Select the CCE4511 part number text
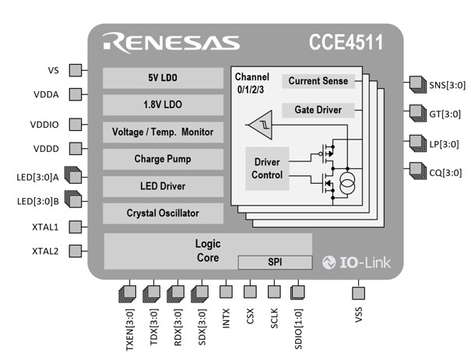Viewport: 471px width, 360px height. tap(346, 42)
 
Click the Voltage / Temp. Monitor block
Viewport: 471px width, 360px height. tap(162, 132)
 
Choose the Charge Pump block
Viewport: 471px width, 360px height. tap(162, 159)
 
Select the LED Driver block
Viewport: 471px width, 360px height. tap(162, 186)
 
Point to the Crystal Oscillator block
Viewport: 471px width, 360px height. tap(162, 213)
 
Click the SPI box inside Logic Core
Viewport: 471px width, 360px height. tap(273, 261)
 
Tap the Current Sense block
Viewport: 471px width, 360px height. tap(318, 81)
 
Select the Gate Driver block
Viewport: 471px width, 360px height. tap(318, 110)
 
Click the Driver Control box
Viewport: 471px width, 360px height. tap(267, 168)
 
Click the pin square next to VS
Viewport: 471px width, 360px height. tap(76, 70)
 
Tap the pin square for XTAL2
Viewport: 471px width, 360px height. tap(76, 251)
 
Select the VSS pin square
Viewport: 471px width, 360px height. tap(358, 293)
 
